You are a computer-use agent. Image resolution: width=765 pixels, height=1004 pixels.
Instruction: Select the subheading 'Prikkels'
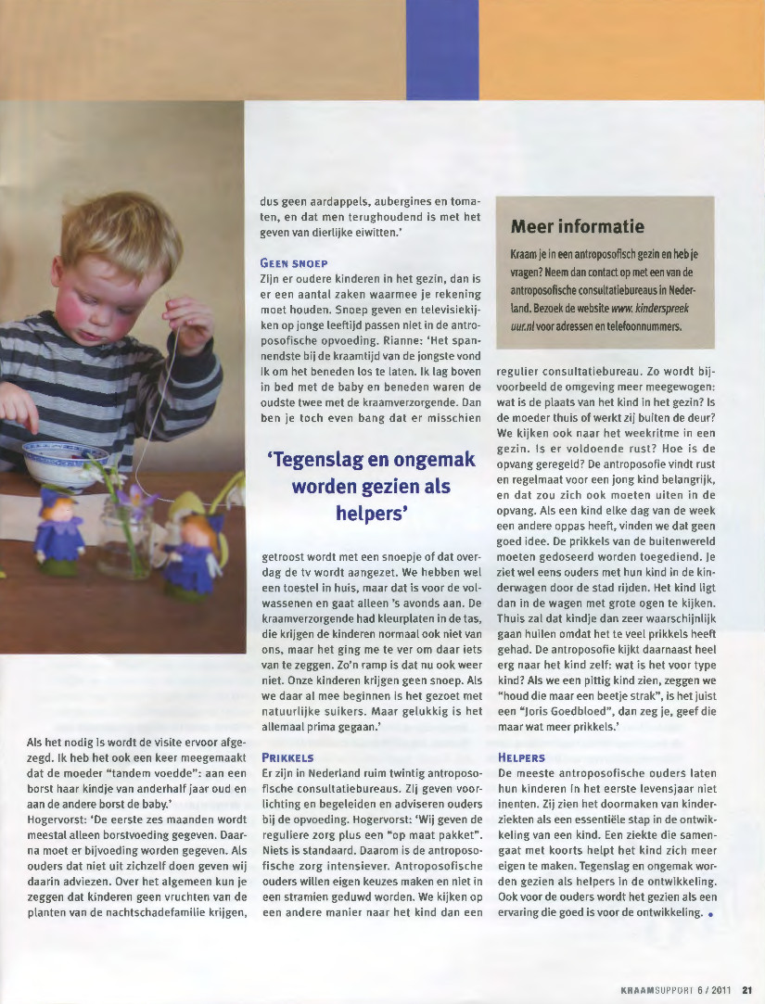click(x=288, y=757)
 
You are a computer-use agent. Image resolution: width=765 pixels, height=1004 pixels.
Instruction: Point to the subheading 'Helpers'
click(x=521, y=757)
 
